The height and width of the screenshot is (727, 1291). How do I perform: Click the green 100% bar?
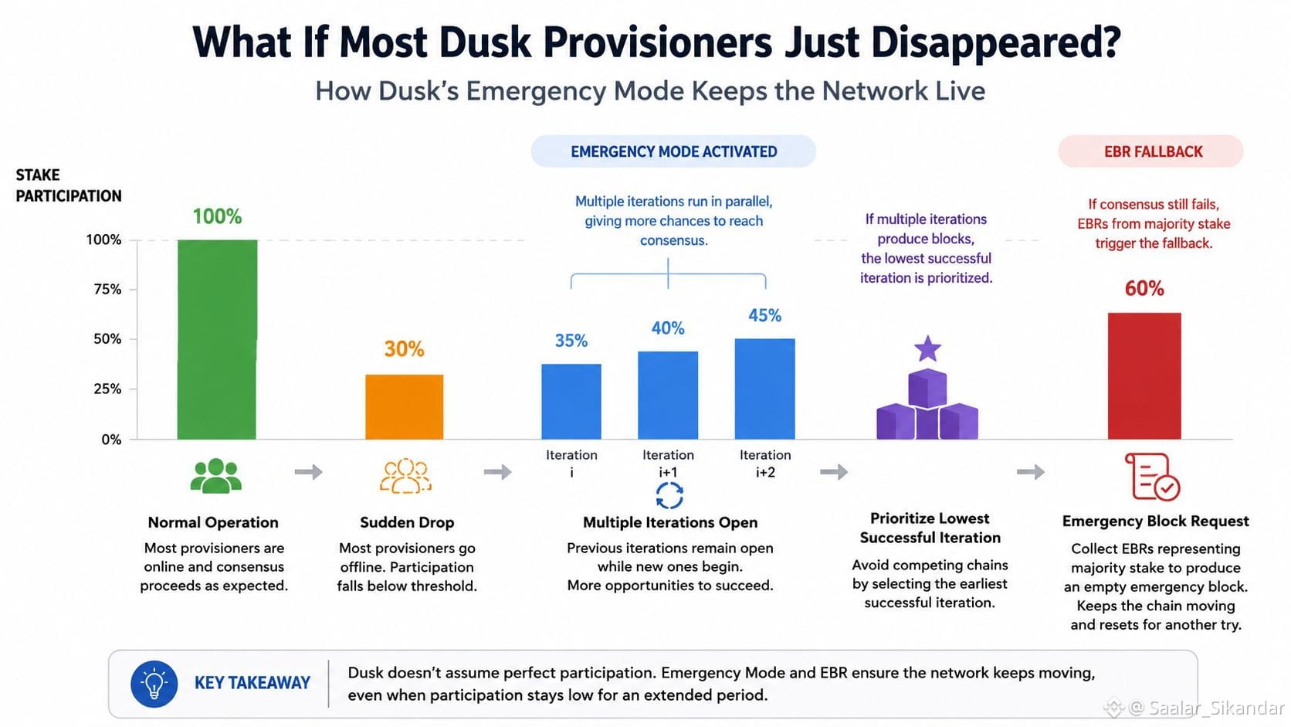point(217,339)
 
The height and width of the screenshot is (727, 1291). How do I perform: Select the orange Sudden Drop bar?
point(404,406)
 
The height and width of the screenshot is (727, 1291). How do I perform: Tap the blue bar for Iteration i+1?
point(667,395)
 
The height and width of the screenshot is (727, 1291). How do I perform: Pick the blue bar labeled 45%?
point(764,389)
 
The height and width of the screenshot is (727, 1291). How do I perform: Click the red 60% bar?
point(1144,376)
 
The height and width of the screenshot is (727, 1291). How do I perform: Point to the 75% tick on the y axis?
point(133,289)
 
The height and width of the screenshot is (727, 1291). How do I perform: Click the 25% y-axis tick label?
point(107,389)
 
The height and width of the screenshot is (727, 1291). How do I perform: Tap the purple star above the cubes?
point(927,348)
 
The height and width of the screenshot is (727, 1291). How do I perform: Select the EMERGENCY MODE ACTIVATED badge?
point(673,151)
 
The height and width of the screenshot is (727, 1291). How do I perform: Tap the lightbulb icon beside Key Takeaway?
point(154,684)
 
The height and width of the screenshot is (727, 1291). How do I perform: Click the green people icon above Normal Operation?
point(215,476)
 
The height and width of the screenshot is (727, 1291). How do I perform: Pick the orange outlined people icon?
point(405,476)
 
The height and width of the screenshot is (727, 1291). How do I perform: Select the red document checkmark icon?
point(1151,476)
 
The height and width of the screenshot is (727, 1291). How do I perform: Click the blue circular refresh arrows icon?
point(669,495)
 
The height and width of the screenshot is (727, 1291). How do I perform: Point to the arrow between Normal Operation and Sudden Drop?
point(308,472)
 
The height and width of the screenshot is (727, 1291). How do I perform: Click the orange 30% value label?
point(404,348)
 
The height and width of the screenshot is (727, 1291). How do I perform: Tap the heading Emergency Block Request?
point(1156,521)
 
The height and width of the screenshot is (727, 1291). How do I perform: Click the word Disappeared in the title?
point(996,42)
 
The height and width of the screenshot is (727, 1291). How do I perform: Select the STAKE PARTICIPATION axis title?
point(69,185)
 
